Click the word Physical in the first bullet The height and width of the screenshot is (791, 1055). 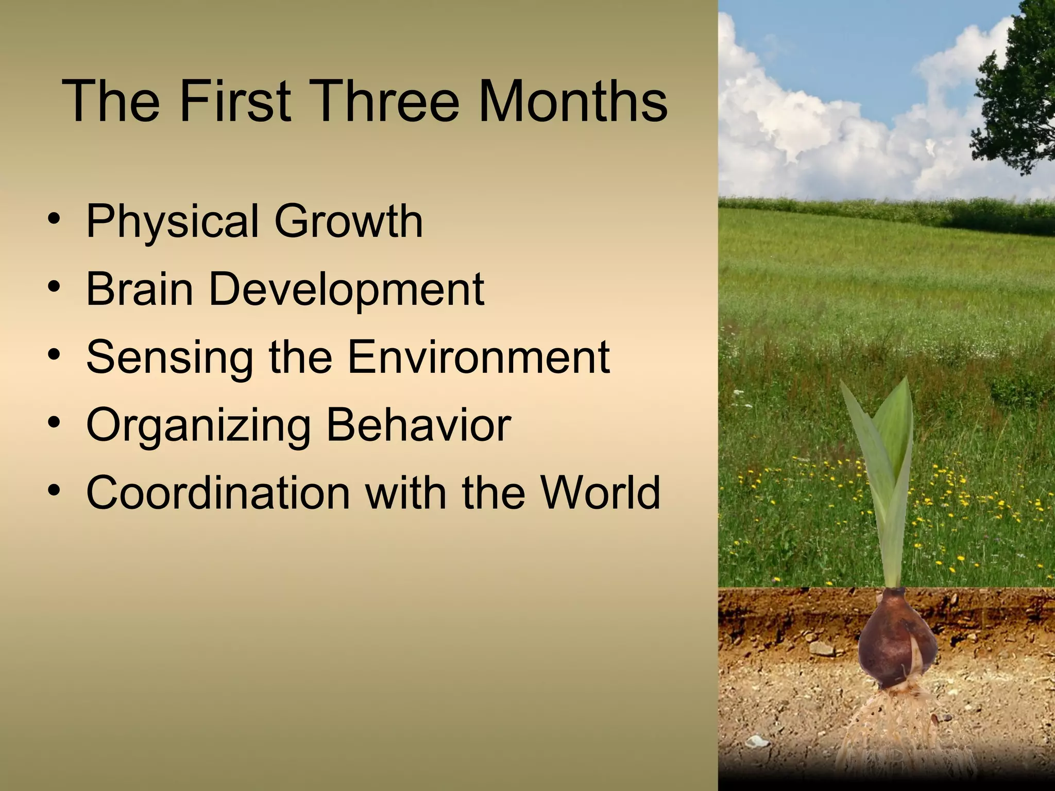coord(172,221)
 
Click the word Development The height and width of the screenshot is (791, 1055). coord(346,289)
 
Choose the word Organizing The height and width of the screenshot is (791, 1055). coord(198,426)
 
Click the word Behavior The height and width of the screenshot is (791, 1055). coord(418,425)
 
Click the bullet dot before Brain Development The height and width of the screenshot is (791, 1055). coord(54,286)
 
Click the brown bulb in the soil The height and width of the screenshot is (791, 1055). coord(896,644)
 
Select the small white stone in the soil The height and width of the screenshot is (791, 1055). coord(757,742)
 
